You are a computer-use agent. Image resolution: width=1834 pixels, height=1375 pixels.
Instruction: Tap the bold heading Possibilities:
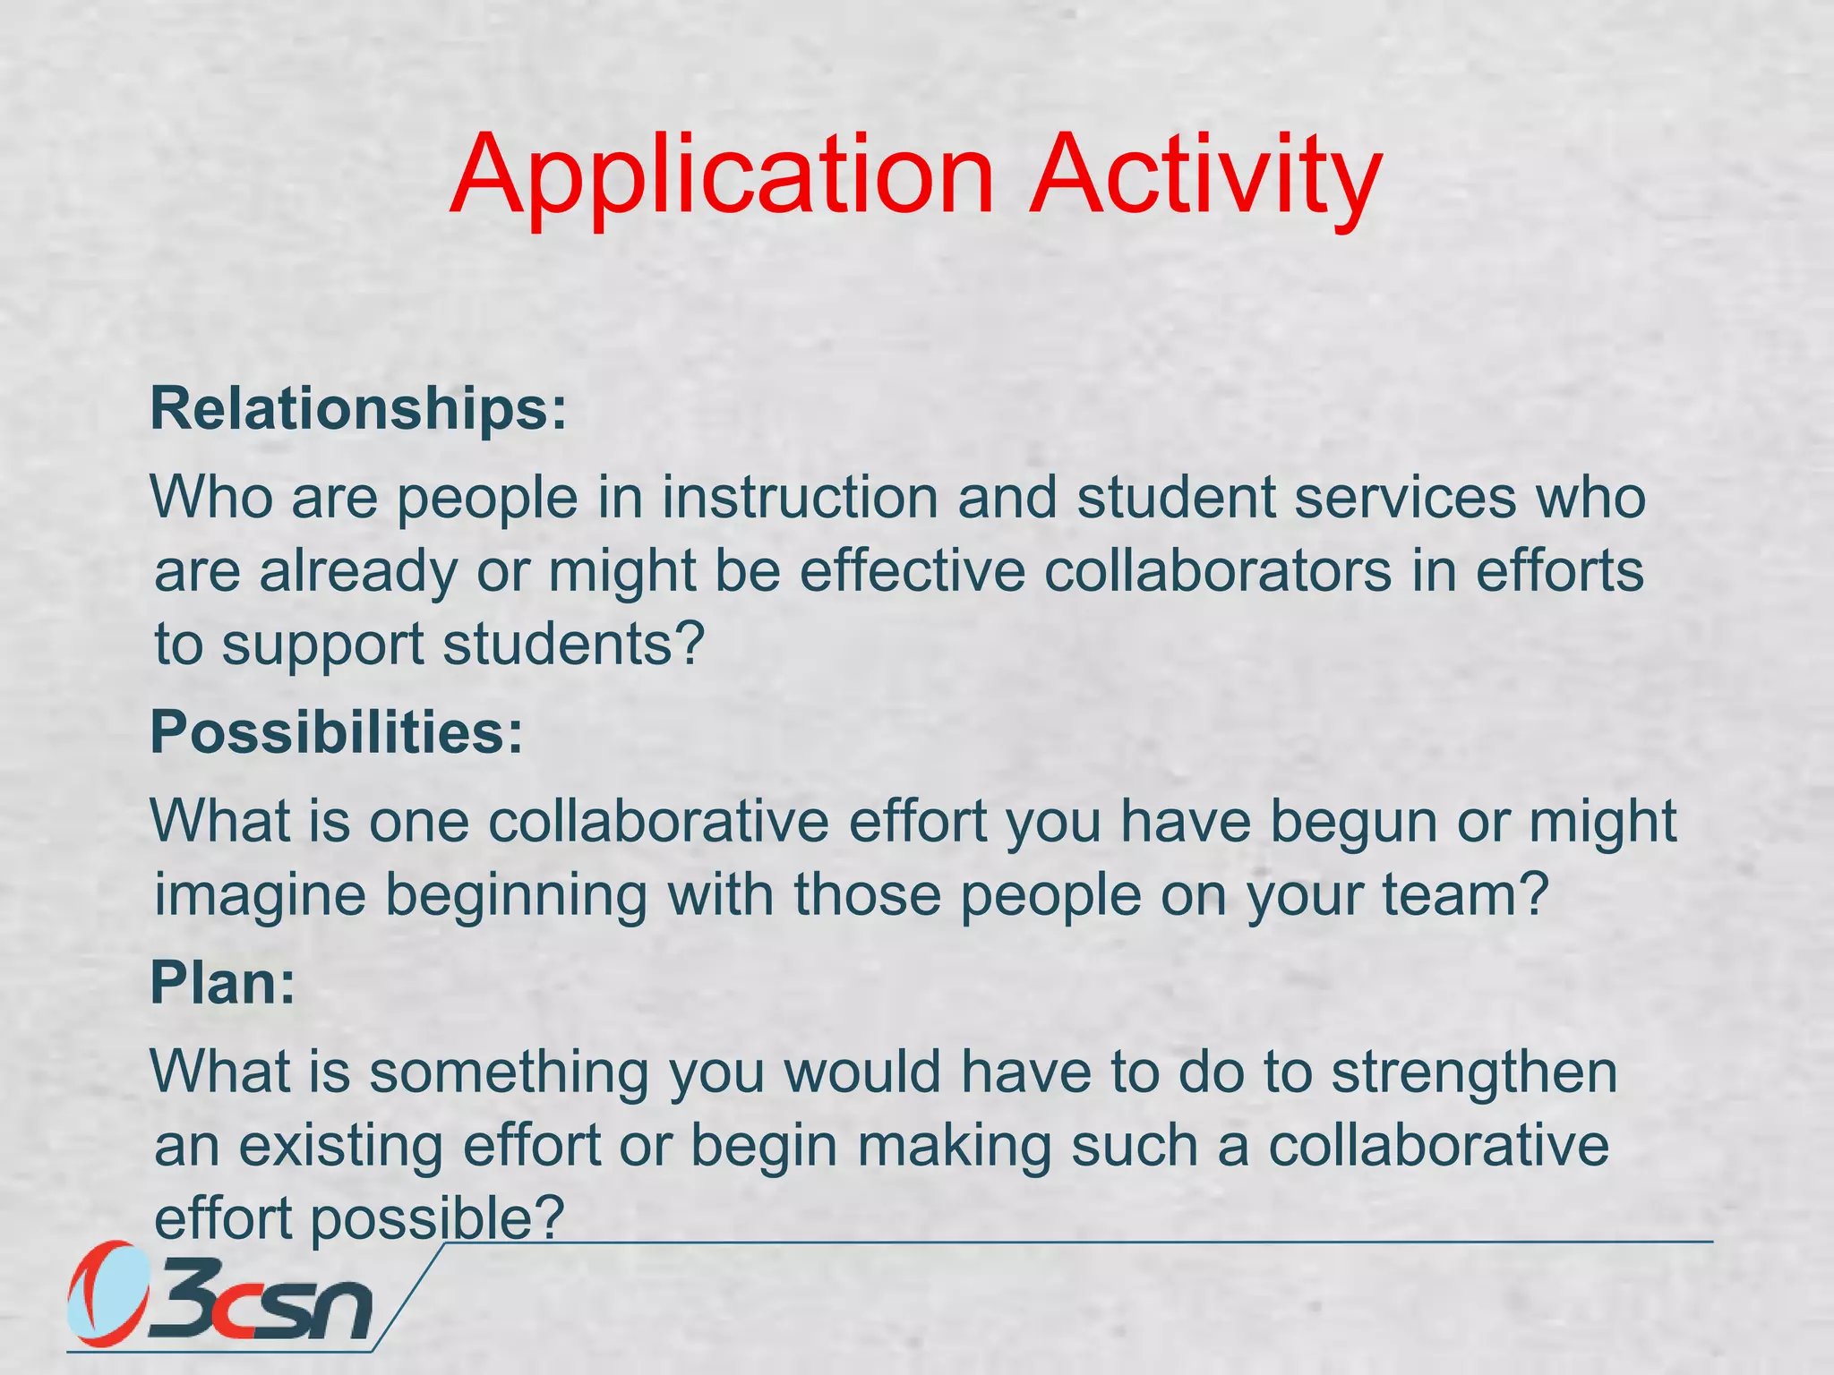(x=337, y=732)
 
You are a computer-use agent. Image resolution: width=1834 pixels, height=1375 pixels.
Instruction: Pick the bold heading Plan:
(x=222, y=983)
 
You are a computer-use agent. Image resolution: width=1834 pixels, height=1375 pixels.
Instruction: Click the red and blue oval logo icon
(x=107, y=1293)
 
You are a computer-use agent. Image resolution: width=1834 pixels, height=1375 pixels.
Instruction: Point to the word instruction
(x=800, y=498)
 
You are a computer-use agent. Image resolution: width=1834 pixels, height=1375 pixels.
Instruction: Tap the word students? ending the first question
(x=574, y=645)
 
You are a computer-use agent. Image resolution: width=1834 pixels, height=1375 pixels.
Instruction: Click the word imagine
(x=261, y=896)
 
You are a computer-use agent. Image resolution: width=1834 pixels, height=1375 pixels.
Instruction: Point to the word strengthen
(x=1474, y=1072)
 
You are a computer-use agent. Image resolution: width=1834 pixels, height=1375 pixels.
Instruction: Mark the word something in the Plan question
(x=509, y=1072)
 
